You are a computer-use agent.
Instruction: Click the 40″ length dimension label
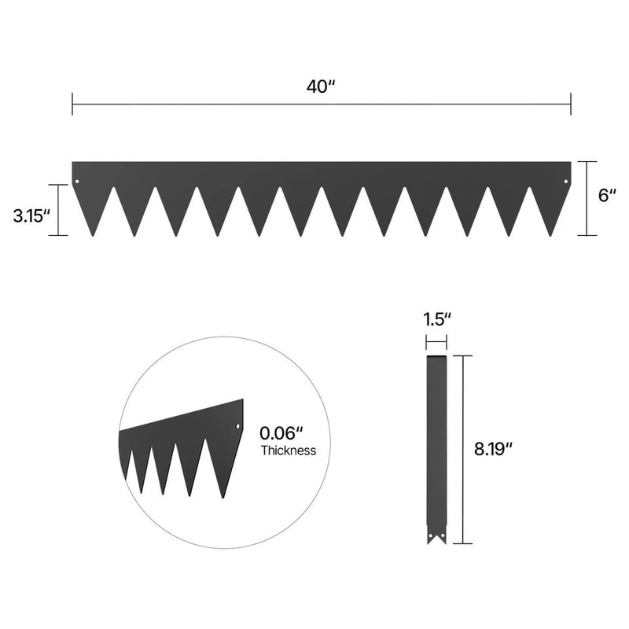(321, 86)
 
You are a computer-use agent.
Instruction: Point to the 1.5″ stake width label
(436, 320)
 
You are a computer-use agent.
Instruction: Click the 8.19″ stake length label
(494, 450)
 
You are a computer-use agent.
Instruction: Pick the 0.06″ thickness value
(282, 433)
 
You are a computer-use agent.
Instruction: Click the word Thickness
(288, 451)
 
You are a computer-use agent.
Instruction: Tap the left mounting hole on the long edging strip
(77, 183)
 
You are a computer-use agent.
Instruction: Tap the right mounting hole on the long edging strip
(566, 183)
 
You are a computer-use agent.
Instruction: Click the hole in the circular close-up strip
(237, 427)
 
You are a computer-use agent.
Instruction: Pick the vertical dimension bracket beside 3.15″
(58, 210)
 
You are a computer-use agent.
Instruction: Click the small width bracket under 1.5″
(436, 342)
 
